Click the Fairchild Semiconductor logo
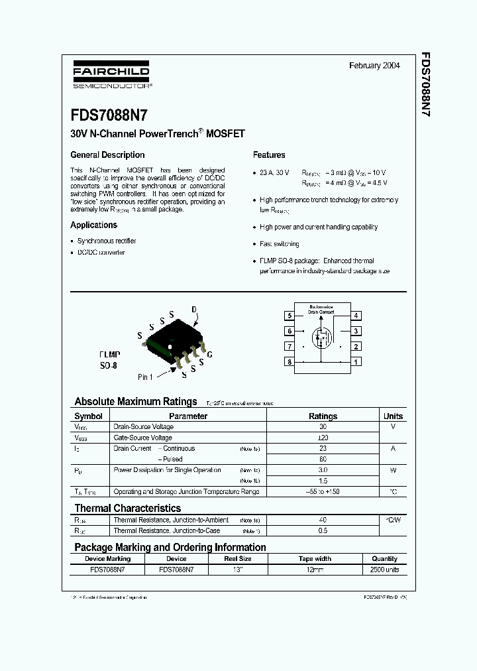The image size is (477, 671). [111, 76]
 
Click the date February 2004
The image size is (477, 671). [374, 66]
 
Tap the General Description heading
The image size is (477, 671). [107, 155]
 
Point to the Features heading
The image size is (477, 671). [269, 155]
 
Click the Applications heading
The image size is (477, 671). [93, 225]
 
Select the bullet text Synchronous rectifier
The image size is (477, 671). [107, 241]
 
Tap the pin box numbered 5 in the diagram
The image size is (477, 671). [290, 316]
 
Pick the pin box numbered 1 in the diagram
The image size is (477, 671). [356, 361]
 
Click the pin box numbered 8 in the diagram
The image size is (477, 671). [290, 361]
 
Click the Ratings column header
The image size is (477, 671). [323, 416]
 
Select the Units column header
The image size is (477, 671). [393, 416]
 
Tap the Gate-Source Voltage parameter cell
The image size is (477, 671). [143, 438]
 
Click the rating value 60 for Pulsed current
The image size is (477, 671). [323, 459]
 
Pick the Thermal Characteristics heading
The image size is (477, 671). [127, 509]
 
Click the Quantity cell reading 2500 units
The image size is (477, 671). [384, 570]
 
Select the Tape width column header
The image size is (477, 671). [315, 559]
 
